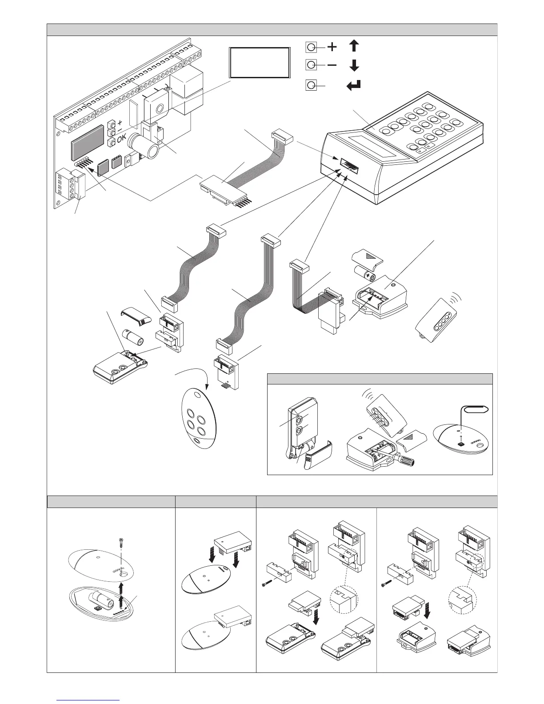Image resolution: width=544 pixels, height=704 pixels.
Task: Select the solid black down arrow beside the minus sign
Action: [354, 66]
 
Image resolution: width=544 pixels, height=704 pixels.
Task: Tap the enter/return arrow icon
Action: [354, 85]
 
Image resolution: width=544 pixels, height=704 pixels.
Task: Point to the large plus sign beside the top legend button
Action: [332, 46]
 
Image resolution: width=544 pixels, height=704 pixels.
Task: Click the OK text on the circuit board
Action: [123, 141]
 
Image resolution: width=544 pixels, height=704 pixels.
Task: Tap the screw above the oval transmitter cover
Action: [120, 543]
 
